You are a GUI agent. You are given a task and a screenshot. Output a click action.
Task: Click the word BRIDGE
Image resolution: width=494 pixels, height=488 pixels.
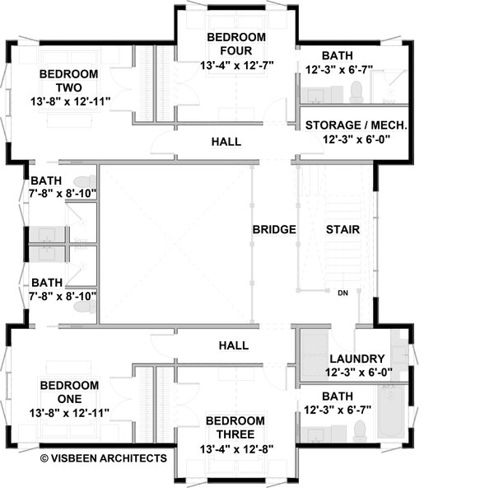tap(274, 229)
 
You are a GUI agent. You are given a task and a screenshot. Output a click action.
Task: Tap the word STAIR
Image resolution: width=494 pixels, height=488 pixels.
tap(342, 229)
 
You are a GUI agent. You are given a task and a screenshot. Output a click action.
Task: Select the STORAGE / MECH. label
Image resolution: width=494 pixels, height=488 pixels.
tap(356, 125)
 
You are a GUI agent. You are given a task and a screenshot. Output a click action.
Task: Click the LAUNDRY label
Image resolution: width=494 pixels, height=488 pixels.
tap(357, 359)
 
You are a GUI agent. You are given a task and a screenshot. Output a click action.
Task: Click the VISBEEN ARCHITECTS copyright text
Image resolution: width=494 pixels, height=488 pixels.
tap(103, 458)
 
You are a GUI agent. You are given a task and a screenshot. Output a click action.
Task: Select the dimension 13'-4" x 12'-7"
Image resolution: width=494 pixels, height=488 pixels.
tap(236, 64)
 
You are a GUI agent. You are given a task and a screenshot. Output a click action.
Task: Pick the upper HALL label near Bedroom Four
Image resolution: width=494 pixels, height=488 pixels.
tap(226, 142)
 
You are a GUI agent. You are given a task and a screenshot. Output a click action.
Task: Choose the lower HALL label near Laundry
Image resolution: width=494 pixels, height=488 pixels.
tap(233, 345)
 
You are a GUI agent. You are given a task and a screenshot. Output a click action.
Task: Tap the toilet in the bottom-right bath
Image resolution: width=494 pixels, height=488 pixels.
tap(359, 431)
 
